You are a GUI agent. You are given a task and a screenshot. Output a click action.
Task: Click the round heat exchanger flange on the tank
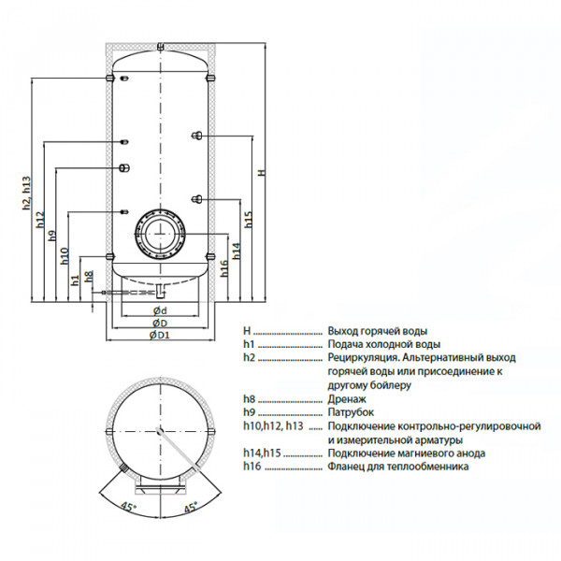[160, 234]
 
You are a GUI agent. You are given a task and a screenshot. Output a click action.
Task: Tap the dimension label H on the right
[263, 172]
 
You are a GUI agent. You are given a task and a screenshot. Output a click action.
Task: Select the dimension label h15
[249, 220]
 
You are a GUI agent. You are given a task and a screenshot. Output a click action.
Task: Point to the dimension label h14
[237, 251]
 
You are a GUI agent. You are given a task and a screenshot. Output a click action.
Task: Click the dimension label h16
[224, 268]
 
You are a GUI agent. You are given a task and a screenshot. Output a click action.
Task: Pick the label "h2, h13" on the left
[27, 194]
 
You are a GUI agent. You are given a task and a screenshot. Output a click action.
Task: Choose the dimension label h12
[40, 220]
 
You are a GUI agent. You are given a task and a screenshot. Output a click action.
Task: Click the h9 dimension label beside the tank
[52, 236]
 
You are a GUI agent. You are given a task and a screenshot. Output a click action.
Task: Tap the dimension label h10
[65, 256]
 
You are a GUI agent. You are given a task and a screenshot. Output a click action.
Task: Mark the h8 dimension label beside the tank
[89, 277]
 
